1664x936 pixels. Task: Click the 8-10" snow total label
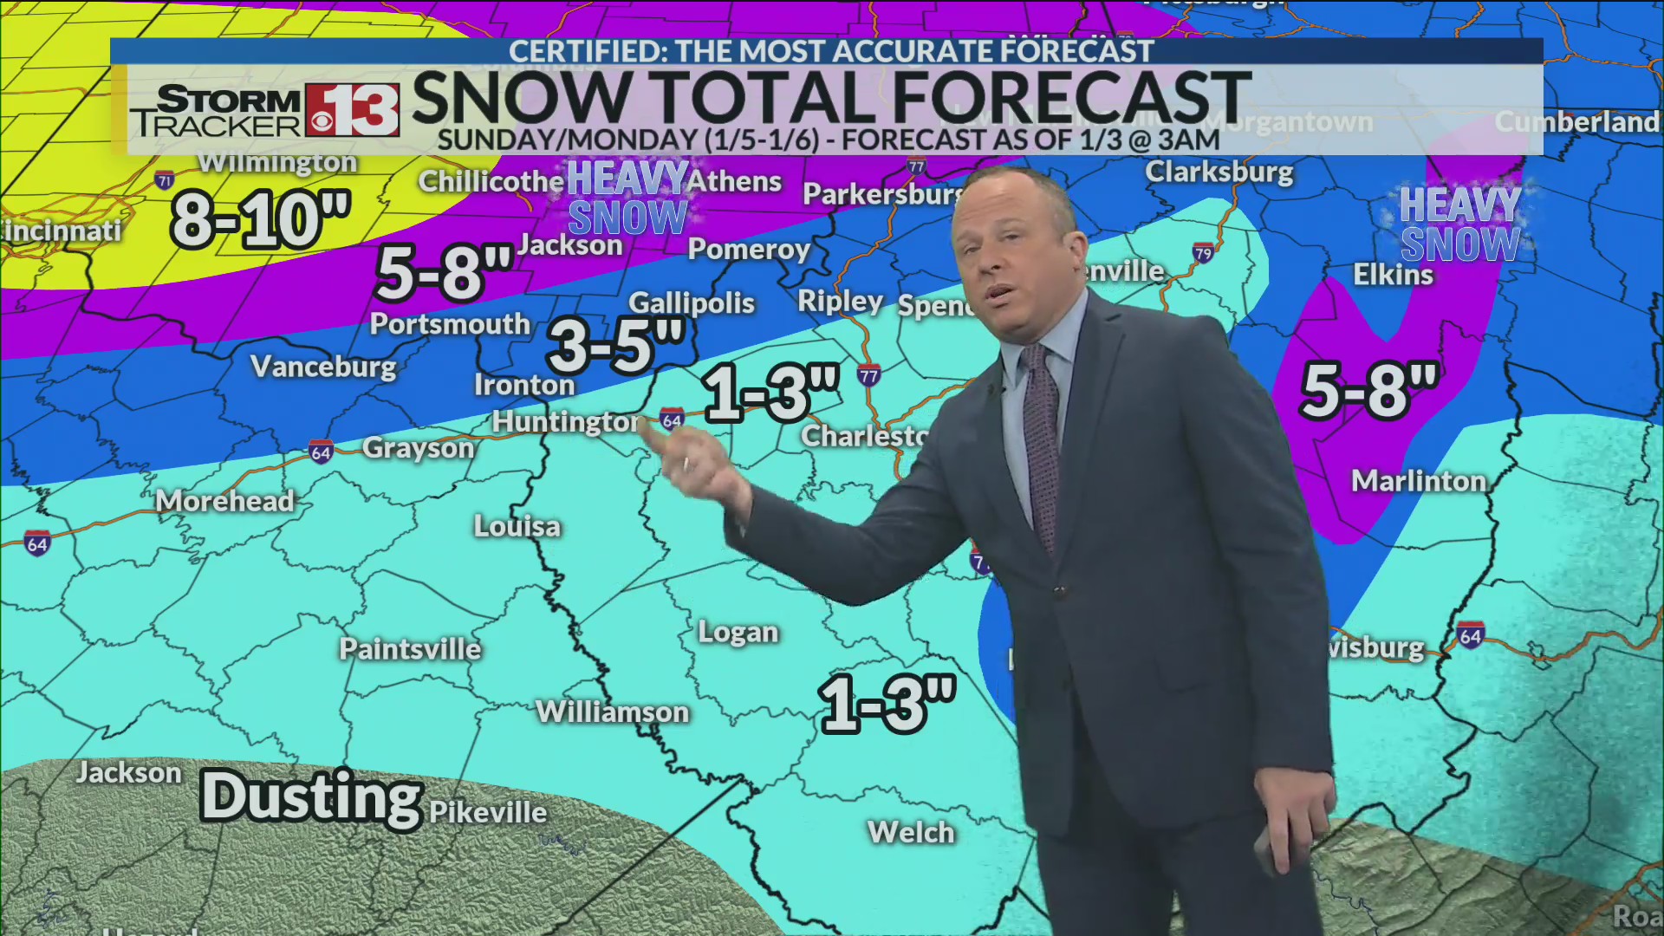coord(261,220)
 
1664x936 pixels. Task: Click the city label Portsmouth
coord(450,324)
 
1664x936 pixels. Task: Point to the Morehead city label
coord(225,501)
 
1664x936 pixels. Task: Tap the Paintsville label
coord(410,649)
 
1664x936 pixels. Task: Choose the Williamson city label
coord(612,712)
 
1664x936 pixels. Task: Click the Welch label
coord(911,833)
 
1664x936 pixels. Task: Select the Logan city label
coord(738,633)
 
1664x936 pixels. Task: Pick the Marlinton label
coord(1419,481)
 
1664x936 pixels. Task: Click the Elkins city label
coord(1394,275)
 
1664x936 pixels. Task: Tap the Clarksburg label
coord(1219,172)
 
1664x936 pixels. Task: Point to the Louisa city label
coord(517,526)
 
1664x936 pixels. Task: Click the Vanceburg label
coord(323,367)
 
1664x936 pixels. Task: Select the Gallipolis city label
coord(692,302)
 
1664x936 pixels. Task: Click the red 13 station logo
coord(352,111)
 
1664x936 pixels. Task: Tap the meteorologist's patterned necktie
coord(1043,433)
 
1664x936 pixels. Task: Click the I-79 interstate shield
coord(1202,253)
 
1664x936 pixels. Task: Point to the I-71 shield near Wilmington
coord(165,180)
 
